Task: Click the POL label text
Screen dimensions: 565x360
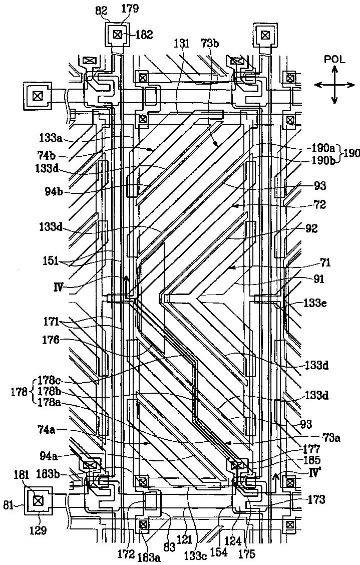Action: [334, 59]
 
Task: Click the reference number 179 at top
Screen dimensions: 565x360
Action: [119, 9]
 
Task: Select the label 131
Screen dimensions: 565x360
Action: [181, 44]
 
